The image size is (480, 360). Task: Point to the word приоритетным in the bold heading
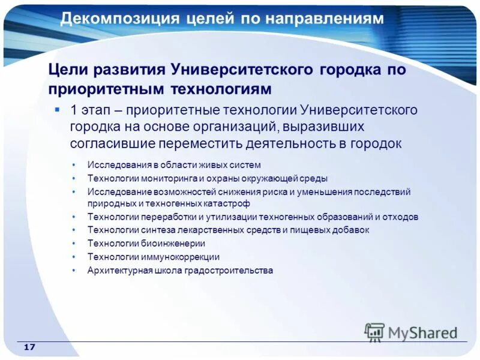click(107, 89)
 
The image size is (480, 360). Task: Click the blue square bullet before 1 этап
click(57, 109)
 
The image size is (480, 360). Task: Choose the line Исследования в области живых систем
click(174, 164)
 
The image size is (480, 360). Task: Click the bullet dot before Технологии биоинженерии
click(73, 243)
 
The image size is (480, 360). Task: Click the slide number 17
click(30, 348)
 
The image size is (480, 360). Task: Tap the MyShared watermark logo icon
click(374, 332)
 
